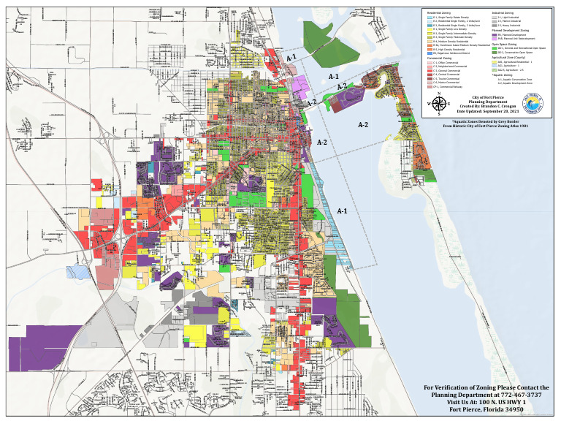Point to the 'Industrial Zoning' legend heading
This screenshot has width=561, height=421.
[x=505, y=13]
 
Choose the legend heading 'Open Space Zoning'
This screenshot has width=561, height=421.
[x=507, y=44]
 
